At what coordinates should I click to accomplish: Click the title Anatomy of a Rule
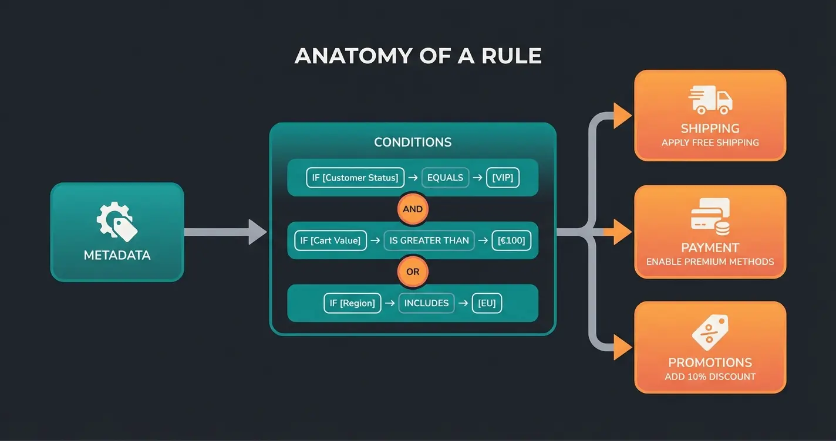[x=417, y=56]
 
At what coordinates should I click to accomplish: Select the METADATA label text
[x=117, y=256]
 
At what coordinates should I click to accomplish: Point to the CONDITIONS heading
[x=413, y=143]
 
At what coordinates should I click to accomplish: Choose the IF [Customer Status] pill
[x=352, y=178]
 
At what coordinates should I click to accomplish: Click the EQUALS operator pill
[x=445, y=178]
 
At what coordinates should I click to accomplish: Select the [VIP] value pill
[x=503, y=178]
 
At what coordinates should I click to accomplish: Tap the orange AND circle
[x=413, y=209]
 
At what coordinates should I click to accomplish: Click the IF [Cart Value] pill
[x=331, y=240]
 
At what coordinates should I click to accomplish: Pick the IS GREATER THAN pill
[x=429, y=240]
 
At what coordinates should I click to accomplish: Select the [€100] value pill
[x=511, y=240]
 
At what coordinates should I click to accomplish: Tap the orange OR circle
[x=413, y=272]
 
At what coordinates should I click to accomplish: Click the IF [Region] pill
[x=352, y=303]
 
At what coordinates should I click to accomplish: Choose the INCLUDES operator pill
[x=426, y=303]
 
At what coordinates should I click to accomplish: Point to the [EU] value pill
[x=487, y=303]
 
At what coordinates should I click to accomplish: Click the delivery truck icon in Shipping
[x=710, y=100]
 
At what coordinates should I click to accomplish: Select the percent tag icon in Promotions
[x=710, y=333]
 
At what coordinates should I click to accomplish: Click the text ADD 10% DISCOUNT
[x=710, y=376]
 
